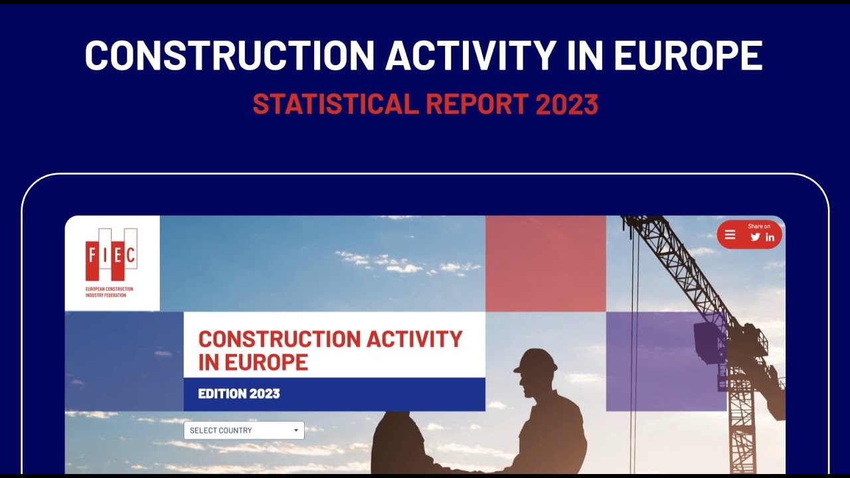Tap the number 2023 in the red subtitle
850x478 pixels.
[x=567, y=104]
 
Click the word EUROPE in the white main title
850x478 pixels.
[x=687, y=56]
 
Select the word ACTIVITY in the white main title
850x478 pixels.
[x=470, y=56]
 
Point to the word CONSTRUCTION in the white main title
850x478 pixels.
[x=229, y=56]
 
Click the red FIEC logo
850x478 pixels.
[x=112, y=254]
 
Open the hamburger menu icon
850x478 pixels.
[x=730, y=235]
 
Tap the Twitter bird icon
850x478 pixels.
[x=755, y=237]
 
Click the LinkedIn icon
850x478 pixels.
[x=770, y=237]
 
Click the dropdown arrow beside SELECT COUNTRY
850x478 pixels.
[x=296, y=430]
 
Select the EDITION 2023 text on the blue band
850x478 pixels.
[x=239, y=394]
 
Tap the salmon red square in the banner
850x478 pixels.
[x=545, y=264]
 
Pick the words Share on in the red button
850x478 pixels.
[x=759, y=226]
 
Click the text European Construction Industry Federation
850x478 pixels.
[x=110, y=292]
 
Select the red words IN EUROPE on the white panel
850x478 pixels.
[x=253, y=362]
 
